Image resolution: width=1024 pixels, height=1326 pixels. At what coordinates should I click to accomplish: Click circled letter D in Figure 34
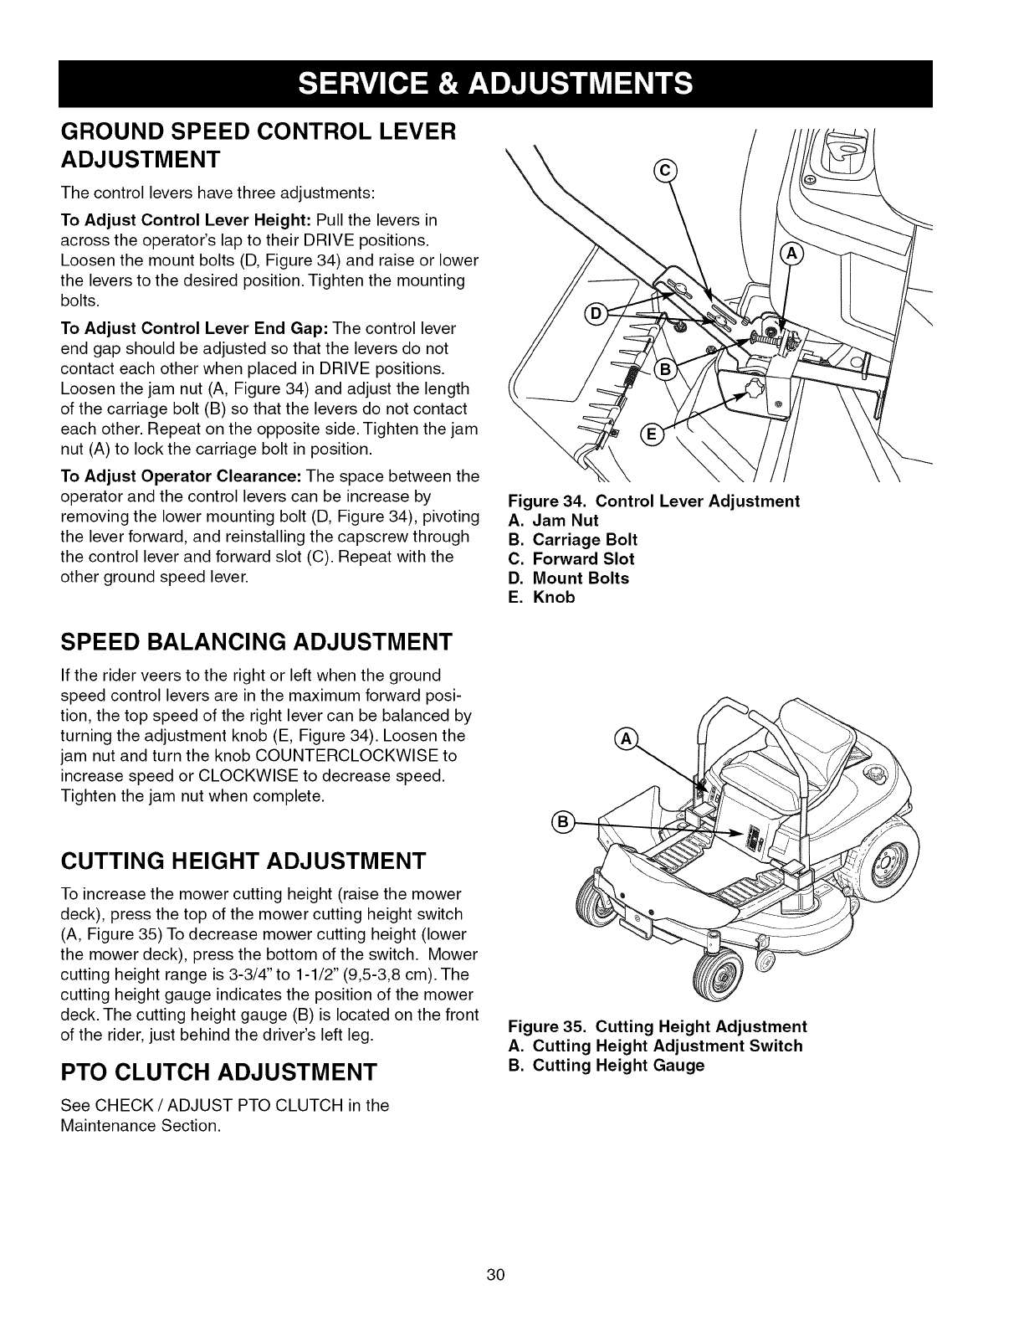point(596,314)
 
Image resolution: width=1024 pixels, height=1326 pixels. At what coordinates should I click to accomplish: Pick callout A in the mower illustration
point(624,738)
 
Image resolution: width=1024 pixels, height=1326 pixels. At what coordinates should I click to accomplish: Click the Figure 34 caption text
point(654,501)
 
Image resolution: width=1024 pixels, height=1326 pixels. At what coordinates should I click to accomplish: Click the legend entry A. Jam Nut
point(553,520)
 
